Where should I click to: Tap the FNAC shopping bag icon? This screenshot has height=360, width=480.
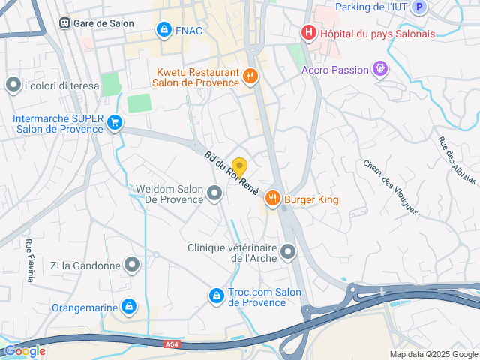pos(163,29)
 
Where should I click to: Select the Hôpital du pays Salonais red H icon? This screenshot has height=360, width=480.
pos(307,32)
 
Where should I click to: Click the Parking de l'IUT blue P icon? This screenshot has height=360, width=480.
pos(420,7)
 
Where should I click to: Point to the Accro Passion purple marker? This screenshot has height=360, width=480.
pos(381,70)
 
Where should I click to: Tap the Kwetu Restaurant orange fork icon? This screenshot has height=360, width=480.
pos(250,75)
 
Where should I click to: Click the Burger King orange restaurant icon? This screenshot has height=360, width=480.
pos(271,199)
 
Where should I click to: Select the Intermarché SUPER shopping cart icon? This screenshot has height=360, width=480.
pos(114,122)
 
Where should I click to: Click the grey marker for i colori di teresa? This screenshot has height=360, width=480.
pos(13,85)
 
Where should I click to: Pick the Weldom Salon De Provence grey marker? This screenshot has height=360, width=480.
pos(215,194)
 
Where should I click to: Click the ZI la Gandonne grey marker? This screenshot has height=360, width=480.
pos(132,265)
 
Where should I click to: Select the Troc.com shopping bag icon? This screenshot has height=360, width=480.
pos(217,297)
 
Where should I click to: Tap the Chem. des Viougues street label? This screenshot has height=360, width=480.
pos(389,187)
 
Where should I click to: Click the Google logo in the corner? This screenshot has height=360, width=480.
pos(25,350)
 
